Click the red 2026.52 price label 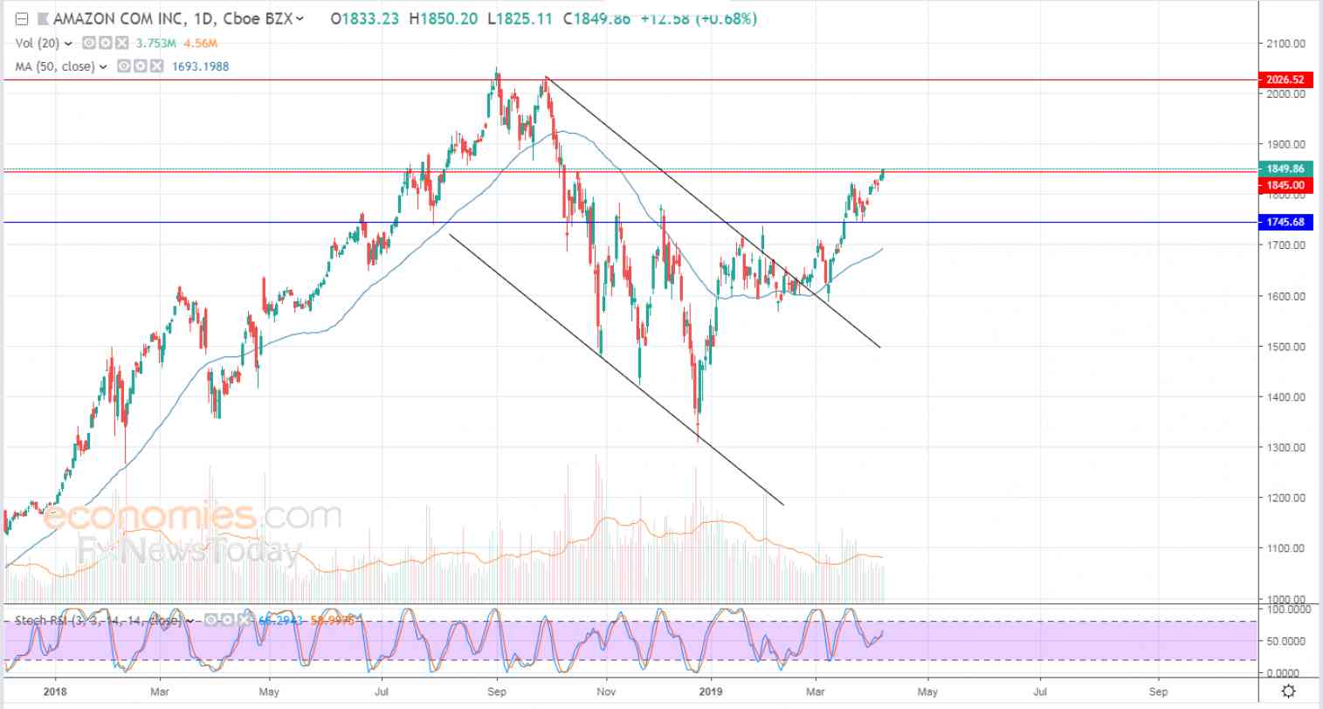[x=1285, y=79]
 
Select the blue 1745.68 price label [x=1285, y=222]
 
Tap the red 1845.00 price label [x=1285, y=185]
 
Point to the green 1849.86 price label [x=1285, y=169]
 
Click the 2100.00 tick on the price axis [x=1286, y=43]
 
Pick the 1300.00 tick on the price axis [x=1286, y=447]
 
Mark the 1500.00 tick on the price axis [x=1286, y=347]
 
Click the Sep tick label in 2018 [x=497, y=691]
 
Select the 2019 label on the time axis [x=711, y=691]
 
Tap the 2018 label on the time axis [x=55, y=691]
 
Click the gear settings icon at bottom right [x=1286, y=692]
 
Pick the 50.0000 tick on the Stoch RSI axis [x=1286, y=641]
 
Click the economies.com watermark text [x=192, y=516]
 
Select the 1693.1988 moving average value [x=200, y=66]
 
